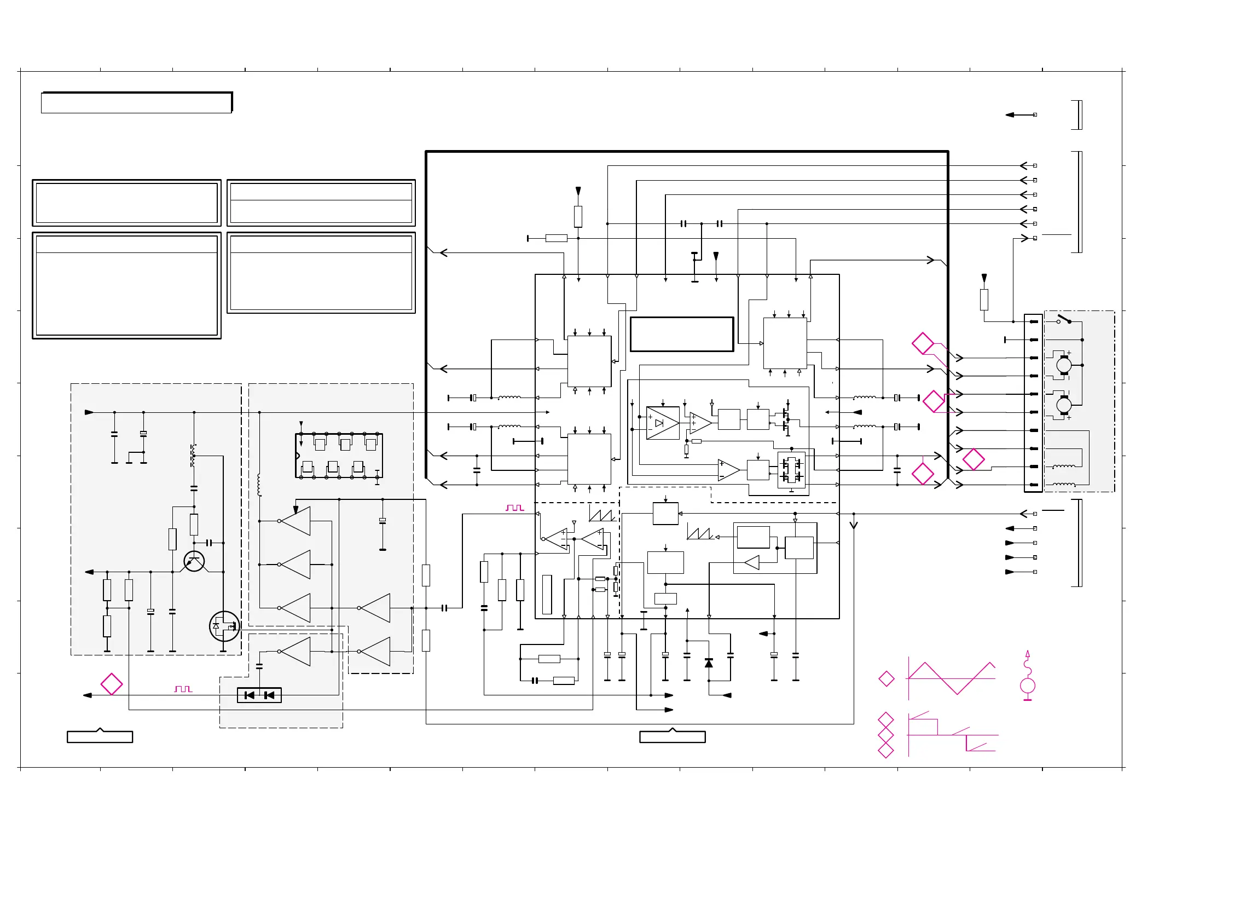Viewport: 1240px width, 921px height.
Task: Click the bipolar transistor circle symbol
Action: click(194, 561)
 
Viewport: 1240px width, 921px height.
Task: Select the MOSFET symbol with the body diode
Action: click(224, 626)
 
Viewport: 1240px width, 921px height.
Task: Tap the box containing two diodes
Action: click(259, 695)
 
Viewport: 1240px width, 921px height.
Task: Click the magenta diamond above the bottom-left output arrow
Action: click(112, 683)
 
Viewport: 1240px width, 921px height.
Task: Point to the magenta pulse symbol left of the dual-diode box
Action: click(183, 689)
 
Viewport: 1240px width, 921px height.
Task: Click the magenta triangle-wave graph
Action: click(952, 678)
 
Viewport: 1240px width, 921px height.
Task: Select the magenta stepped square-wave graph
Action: click(953, 735)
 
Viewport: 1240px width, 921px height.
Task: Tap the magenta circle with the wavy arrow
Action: click(1028, 683)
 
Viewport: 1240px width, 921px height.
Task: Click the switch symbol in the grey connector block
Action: click(1064, 319)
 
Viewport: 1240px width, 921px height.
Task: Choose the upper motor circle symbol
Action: click(1064, 365)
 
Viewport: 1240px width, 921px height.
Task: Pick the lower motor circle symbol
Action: click(1064, 405)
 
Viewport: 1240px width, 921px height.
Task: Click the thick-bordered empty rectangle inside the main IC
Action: click(681, 334)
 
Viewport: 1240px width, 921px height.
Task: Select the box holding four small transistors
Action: click(792, 470)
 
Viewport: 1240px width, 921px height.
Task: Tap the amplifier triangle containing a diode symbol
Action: click(662, 423)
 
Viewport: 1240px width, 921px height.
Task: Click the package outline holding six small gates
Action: click(339, 456)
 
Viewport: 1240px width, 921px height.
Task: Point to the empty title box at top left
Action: click(136, 102)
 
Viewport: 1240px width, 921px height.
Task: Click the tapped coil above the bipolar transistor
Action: click(193, 456)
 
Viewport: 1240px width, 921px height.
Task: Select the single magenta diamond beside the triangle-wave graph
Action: click(886, 678)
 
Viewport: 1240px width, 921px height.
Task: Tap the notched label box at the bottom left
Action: click(100, 736)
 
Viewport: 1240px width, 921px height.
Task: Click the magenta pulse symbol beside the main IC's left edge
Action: click(515, 508)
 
